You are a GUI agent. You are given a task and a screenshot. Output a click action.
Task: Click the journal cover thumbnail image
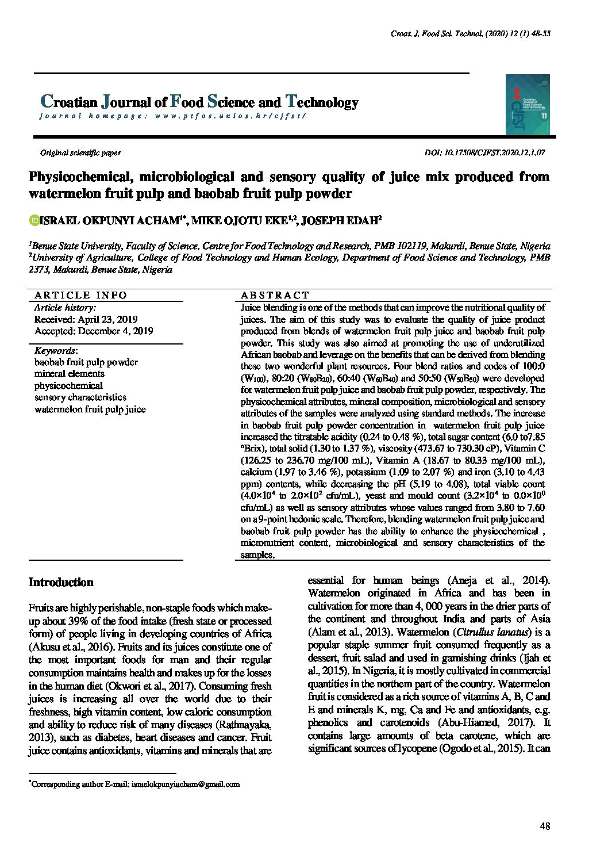[528, 105]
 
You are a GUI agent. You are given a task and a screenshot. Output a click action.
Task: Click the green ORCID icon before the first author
[33, 220]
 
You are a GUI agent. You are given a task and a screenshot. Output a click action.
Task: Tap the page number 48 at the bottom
[545, 826]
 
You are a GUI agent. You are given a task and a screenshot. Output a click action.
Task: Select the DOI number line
[484, 153]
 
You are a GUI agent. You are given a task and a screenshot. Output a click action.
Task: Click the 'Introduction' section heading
[61, 582]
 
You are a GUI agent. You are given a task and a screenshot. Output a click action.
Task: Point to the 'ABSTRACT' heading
[275, 295]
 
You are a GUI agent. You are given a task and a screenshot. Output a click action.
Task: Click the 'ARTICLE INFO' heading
[80, 295]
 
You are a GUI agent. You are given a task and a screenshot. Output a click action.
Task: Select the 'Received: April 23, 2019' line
[86, 319]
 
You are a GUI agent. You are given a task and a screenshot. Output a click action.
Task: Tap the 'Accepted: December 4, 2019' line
[94, 331]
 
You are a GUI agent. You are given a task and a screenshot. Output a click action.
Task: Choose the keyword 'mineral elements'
[69, 374]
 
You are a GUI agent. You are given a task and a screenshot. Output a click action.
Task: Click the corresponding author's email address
[185, 784]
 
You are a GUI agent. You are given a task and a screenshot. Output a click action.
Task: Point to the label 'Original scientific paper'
[80, 153]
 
